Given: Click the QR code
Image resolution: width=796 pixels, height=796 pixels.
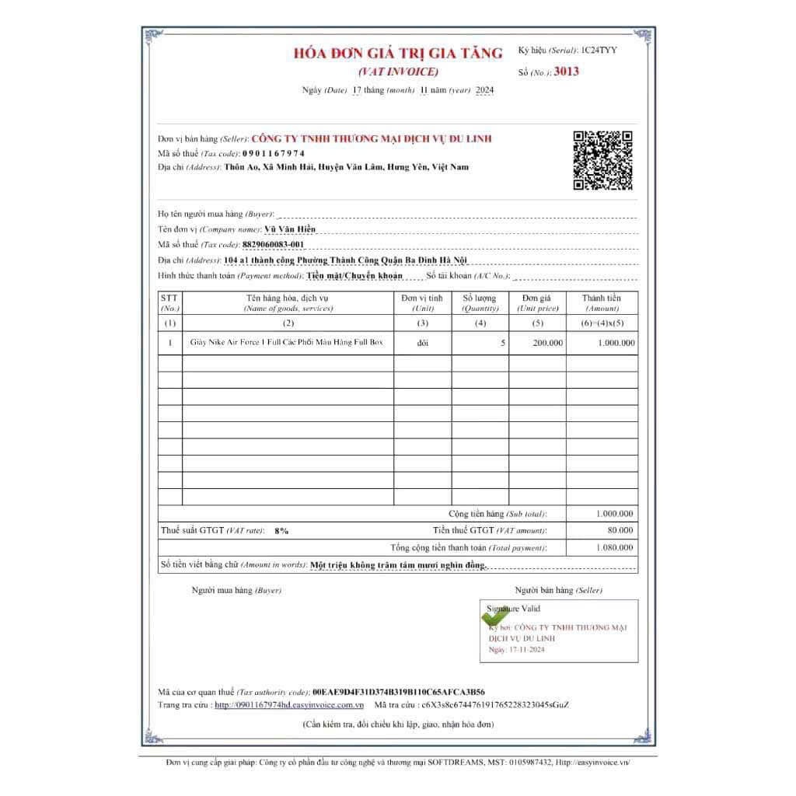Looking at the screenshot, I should pos(602,161).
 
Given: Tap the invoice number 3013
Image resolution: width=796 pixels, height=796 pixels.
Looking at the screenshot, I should pos(567,72).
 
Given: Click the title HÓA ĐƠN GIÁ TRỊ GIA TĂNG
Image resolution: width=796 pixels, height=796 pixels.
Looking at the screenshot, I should pos(398,54).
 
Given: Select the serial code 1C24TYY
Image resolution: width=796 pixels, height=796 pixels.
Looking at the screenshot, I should pos(599,51).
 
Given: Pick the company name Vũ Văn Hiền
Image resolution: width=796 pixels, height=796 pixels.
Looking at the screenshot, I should pos(291,229).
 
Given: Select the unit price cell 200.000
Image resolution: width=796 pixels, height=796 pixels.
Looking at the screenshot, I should pos(548,343).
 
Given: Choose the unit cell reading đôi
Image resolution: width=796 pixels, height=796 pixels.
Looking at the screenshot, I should pos(422,343).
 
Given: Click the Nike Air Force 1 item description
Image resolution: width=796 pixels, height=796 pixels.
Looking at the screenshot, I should pos(288,342).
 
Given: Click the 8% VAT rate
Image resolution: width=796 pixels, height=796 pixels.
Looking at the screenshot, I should pos(281,530).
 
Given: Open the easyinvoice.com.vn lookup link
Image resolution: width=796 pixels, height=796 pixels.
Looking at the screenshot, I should pos(289,704).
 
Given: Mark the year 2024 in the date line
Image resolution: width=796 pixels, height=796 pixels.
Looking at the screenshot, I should pos(484,90).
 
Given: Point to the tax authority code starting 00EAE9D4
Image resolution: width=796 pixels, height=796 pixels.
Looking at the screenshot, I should pos(399,691).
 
